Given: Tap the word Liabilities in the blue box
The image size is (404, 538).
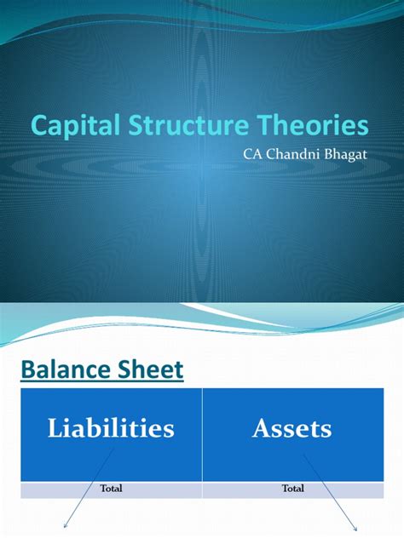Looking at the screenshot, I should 112,427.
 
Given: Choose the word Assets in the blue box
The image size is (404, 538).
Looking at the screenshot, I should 291,427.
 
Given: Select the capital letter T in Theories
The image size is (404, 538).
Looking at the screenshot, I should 276,126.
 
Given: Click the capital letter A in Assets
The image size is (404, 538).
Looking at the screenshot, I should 261,427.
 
